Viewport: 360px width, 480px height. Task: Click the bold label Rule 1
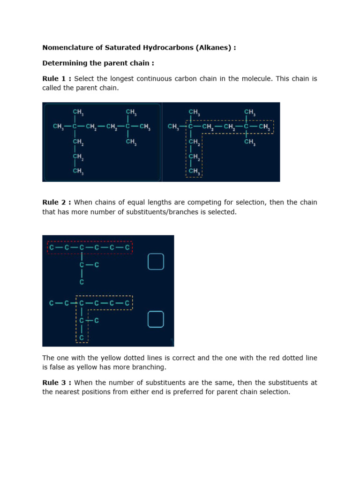tap(56, 79)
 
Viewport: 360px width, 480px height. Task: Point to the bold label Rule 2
tap(56, 202)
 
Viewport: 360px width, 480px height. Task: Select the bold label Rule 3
tap(56, 383)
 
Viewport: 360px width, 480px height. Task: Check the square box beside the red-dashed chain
tap(156, 262)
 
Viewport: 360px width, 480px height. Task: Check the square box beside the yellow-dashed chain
tap(156, 319)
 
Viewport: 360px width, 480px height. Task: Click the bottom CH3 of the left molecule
tap(78, 172)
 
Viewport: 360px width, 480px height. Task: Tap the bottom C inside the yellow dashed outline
tap(82, 337)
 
